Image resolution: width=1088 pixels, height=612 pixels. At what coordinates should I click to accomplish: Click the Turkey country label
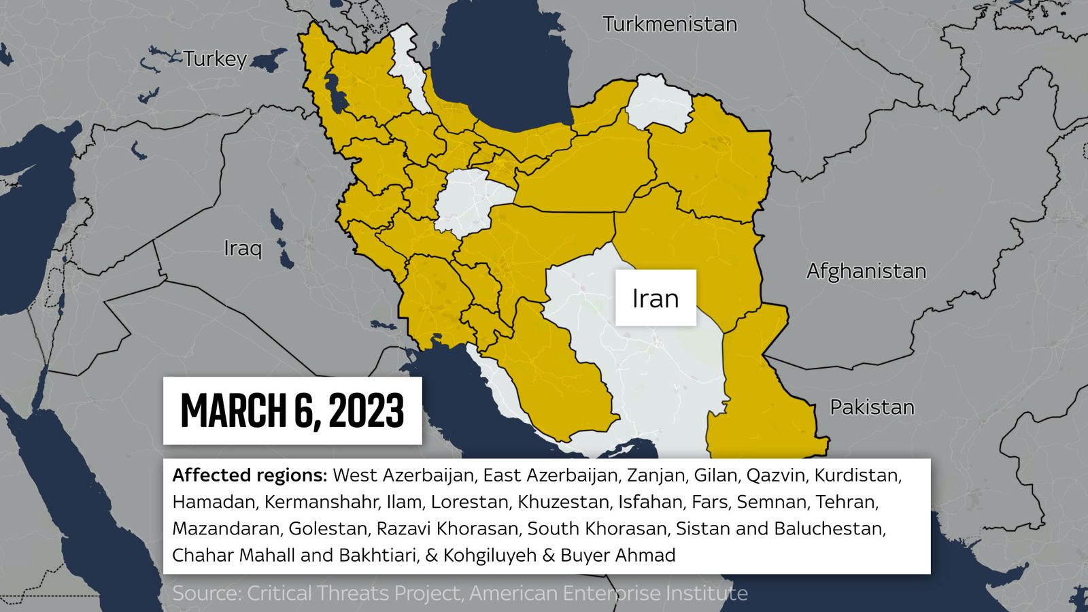pos(215,59)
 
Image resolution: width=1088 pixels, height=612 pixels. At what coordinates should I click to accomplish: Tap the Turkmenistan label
pos(670,24)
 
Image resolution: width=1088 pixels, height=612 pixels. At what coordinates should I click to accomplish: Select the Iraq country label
pos(243,248)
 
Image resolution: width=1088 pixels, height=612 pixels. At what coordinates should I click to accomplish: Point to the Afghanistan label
pos(866,271)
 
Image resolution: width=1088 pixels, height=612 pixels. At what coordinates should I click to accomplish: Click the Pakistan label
pos(872,407)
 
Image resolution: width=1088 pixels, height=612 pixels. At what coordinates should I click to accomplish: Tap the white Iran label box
pos(656,298)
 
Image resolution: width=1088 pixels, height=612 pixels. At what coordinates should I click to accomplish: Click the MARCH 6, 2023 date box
pos(292,411)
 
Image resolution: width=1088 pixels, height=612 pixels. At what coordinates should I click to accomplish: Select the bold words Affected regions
pos(250,475)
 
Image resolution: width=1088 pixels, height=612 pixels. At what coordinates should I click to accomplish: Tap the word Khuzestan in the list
pos(563,502)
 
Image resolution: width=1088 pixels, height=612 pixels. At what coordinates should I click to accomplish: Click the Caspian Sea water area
pos(503,68)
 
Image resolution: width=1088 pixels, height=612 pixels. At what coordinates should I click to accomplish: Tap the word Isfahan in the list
pos(650,502)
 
